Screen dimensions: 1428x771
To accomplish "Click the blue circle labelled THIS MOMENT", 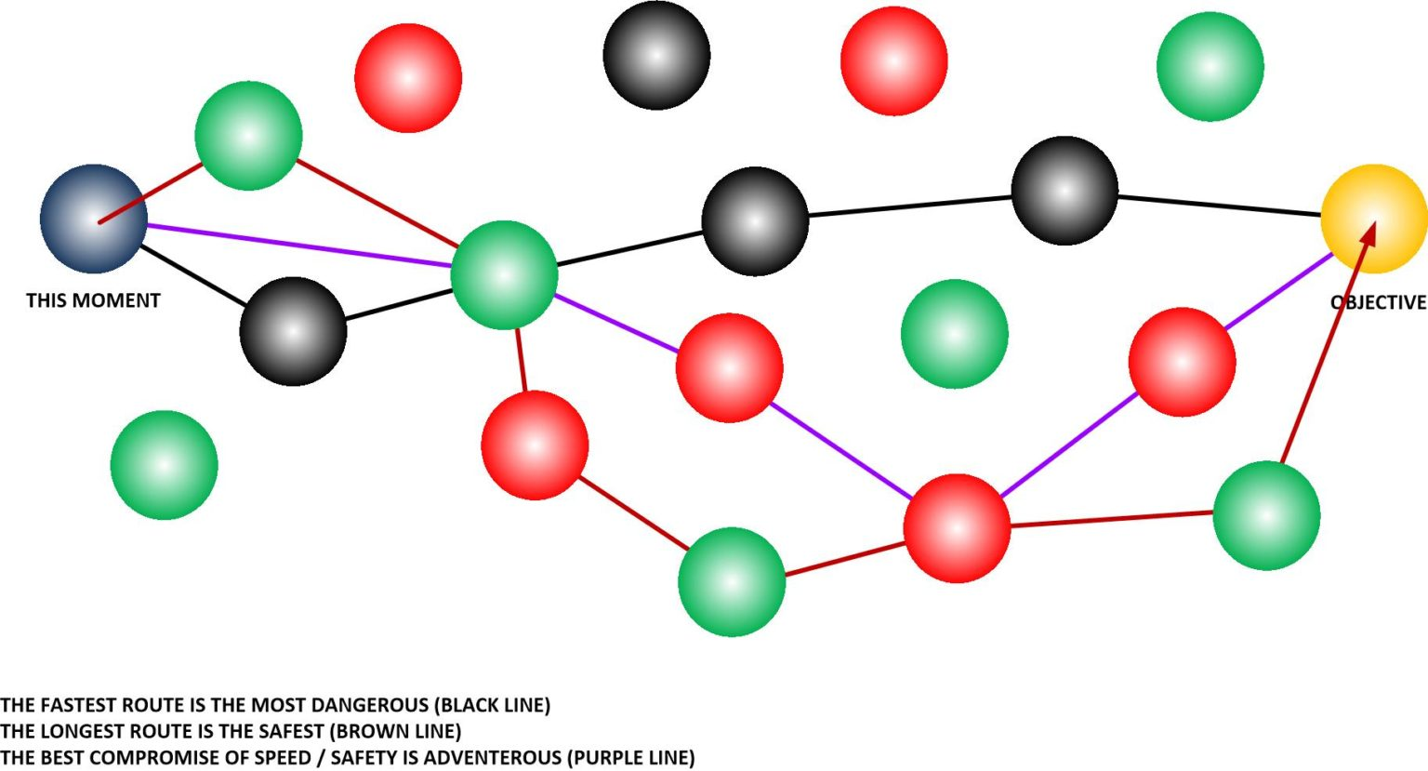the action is (94, 219).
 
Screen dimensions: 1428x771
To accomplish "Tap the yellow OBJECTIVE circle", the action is (1374, 219).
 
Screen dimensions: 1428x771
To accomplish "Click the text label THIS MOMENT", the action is (93, 300).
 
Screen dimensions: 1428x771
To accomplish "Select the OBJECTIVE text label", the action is (1379, 302).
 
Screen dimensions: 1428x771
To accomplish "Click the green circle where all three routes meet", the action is (504, 275).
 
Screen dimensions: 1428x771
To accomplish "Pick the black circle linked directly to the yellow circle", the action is (1064, 190).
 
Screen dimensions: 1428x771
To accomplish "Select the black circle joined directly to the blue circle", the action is (293, 331).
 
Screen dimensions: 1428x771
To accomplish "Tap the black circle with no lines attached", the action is (656, 56).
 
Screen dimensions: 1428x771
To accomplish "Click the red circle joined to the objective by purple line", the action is (1183, 362).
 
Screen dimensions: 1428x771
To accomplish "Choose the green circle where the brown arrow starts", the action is (1267, 515).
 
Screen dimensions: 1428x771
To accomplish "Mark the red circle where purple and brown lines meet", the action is (957, 528).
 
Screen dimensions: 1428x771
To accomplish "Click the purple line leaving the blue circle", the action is (299, 245).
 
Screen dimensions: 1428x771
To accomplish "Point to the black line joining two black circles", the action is (910, 206).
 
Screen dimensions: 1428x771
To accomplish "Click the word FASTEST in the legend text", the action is (77, 705).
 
